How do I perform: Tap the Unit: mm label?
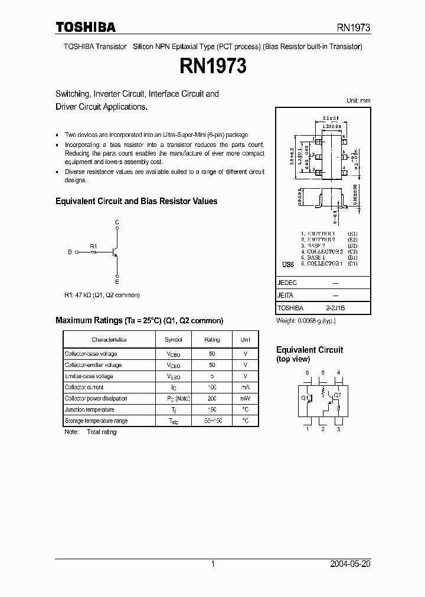coord(358,100)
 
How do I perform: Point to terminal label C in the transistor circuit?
coord(117,222)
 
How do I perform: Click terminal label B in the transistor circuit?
coord(69,252)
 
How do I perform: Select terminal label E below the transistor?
coord(117,282)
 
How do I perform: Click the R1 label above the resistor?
coord(93,245)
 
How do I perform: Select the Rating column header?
coord(212,340)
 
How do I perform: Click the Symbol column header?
coord(174,340)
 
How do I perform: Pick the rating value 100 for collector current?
coord(212,388)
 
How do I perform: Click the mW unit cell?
coord(245,399)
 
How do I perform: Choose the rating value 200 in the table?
coord(212,399)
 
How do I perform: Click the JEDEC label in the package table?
coord(287,283)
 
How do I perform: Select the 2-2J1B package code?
coord(336,308)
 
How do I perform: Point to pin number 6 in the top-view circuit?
coord(307,372)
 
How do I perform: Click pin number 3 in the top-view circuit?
coord(338,429)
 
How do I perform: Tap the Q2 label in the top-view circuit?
coord(338,396)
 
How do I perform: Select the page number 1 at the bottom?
coord(212,564)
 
